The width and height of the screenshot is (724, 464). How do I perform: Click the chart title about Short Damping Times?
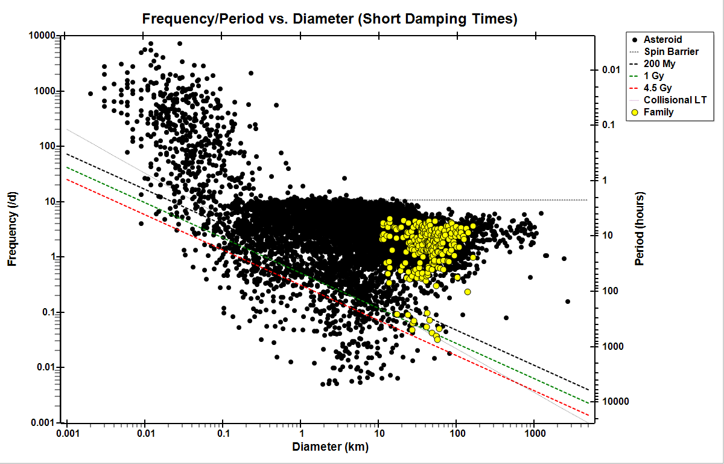pos(329,19)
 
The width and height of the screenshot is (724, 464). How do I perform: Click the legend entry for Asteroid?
pos(662,40)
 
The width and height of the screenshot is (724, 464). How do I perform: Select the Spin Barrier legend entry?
pos(671,52)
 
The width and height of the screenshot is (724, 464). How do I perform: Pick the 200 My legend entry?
pos(660,64)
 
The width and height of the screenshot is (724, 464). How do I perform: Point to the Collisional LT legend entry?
pos(675,100)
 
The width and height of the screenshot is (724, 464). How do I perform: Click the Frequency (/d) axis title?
pos(12,229)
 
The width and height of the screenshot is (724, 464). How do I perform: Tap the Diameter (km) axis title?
pos(330,448)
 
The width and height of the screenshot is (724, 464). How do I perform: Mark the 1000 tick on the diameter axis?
pos(533,434)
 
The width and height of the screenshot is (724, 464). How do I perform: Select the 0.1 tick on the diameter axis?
pos(223,434)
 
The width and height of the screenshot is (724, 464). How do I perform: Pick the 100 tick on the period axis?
pos(610,291)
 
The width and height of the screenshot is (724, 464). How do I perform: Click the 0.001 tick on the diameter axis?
pos(67,434)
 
